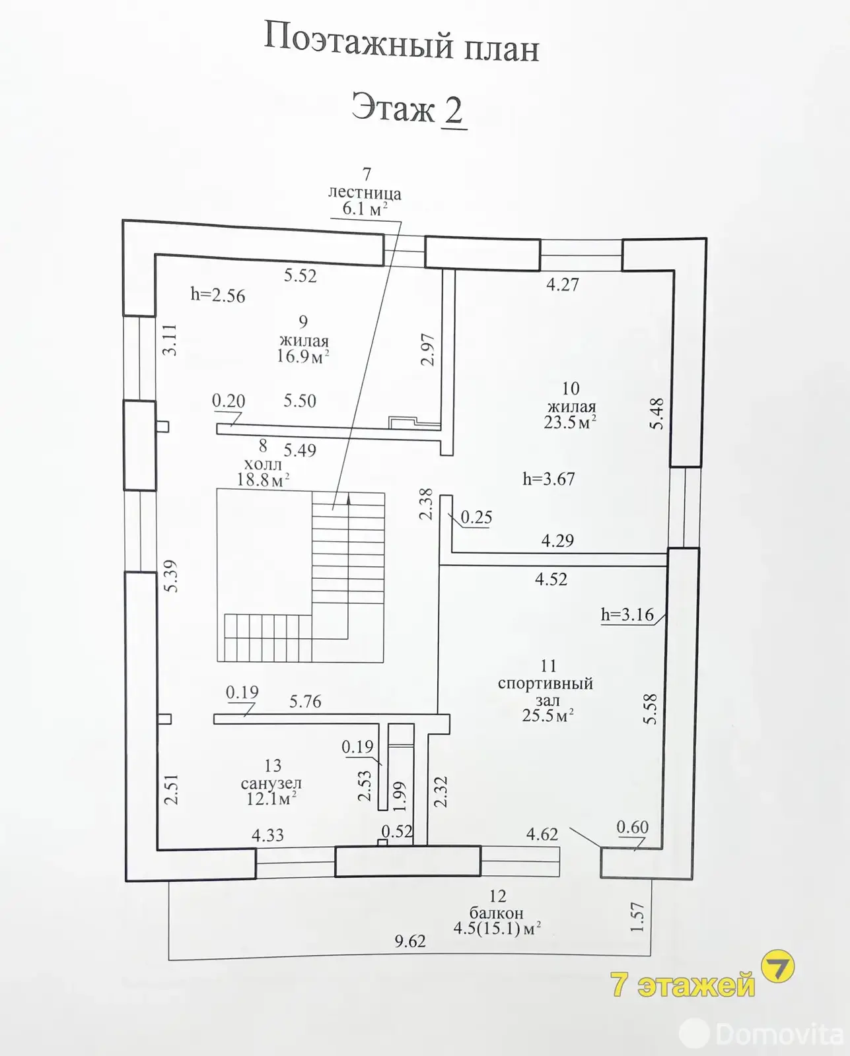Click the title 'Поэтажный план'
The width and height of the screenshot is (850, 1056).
click(x=402, y=44)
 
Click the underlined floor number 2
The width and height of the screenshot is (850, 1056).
click(x=453, y=110)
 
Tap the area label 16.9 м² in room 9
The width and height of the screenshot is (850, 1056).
click(x=302, y=356)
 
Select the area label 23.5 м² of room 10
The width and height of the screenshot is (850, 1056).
click(x=569, y=422)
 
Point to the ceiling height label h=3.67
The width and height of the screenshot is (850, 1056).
click(x=548, y=478)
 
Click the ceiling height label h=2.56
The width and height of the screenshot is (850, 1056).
click(x=217, y=295)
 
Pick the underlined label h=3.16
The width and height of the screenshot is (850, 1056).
click(x=627, y=615)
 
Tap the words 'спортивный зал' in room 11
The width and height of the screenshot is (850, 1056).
click(x=546, y=692)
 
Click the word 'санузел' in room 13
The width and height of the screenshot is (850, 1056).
click(x=271, y=783)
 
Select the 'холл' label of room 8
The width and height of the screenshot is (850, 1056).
click(x=263, y=465)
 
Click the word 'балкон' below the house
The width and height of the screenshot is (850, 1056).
click(x=496, y=913)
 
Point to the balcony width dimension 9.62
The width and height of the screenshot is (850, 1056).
click(x=410, y=941)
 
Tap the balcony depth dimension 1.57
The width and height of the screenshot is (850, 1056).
click(x=637, y=917)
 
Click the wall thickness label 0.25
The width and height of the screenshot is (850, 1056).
click(x=476, y=517)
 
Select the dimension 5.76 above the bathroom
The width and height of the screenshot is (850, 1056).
click(x=305, y=702)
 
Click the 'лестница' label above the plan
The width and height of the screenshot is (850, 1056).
click(x=365, y=193)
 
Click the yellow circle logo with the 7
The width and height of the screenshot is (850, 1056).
click(x=778, y=968)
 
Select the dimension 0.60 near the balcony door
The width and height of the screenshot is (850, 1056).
click(x=632, y=827)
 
